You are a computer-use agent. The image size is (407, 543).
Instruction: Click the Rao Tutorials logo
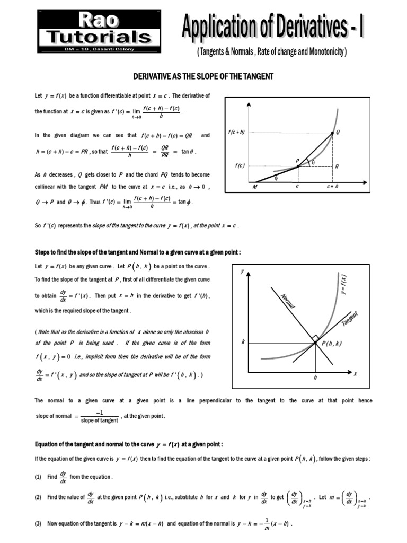tap(99, 30)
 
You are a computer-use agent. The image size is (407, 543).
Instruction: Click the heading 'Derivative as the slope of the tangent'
tap(203, 76)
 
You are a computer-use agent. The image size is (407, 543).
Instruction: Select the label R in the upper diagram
tap(337, 166)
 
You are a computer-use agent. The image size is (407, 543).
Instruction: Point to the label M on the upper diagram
tap(254, 187)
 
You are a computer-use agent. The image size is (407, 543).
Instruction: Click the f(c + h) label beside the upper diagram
tap(236, 132)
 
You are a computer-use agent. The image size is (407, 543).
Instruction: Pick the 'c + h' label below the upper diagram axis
tap(332, 187)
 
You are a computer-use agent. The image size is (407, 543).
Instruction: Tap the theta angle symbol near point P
tap(313, 162)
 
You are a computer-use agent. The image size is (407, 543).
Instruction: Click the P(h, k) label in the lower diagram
tap(332, 343)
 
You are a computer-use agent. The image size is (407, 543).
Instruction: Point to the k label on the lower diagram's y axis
tap(243, 343)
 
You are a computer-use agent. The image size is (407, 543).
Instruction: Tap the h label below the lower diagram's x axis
tap(315, 378)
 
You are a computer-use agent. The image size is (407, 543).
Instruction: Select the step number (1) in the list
tap(38, 477)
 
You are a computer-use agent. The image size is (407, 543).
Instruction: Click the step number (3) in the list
tap(38, 523)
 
